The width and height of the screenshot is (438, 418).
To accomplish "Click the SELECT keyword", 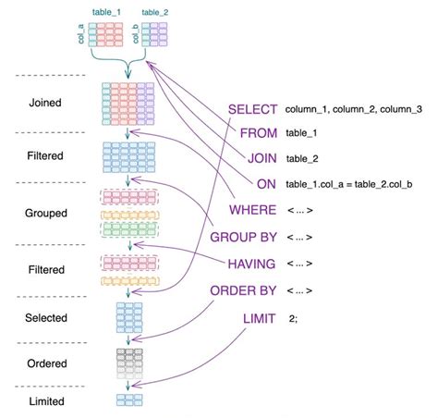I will (x=252, y=109).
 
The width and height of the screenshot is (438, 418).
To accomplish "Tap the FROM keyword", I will (x=258, y=133).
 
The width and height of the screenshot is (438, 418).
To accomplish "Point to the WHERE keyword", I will (x=252, y=211).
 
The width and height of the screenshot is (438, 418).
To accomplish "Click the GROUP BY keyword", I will (x=244, y=237).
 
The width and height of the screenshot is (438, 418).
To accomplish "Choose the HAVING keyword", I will (x=251, y=264).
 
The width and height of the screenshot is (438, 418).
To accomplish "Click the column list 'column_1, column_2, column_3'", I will (x=354, y=109).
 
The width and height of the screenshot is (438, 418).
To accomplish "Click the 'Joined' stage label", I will (x=45, y=103).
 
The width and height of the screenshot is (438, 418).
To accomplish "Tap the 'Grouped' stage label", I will (x=45, y=213).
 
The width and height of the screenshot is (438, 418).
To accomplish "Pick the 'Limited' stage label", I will (x=45, y=402).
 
